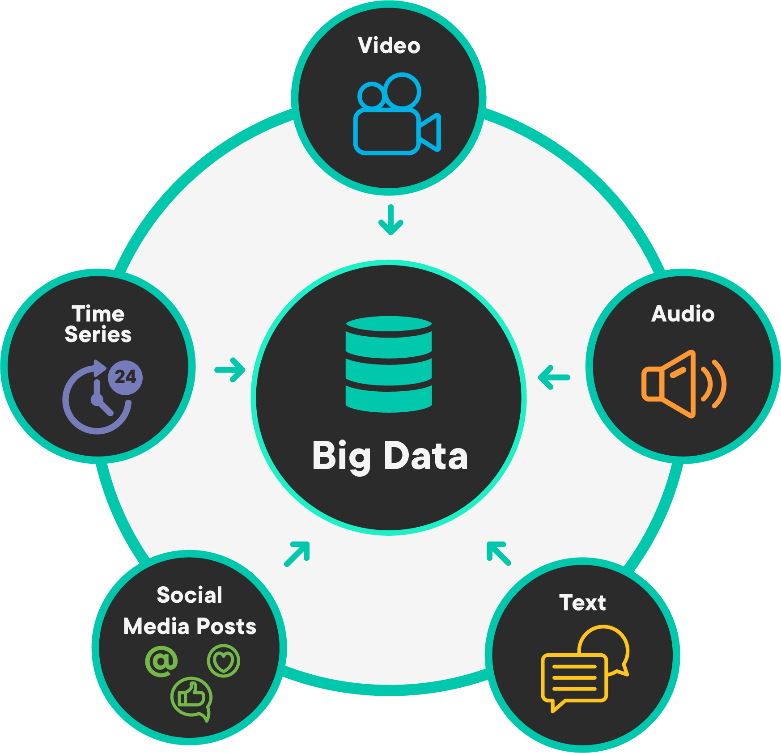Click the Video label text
click(x=389, y=46)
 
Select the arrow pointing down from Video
click(x=391, y=220)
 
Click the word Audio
click(x=683, y=314)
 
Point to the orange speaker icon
click(x=683, y=384)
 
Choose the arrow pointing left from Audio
click(x=554, y=377)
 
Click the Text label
click(x=582, y=603)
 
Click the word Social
click(x=190, y=595)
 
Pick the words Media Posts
click(x=190, y=626)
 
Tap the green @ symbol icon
click(x=161, y=660)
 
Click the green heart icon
click(x=224, y=661)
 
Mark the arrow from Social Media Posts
click(x=297, y=554)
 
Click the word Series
click(x=98, y=334)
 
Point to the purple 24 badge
click(x=125, y=377)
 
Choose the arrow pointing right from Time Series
click(x=230, y=370)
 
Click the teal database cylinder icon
click(x=389, y=364)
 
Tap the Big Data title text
click(x=390, y=457)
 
